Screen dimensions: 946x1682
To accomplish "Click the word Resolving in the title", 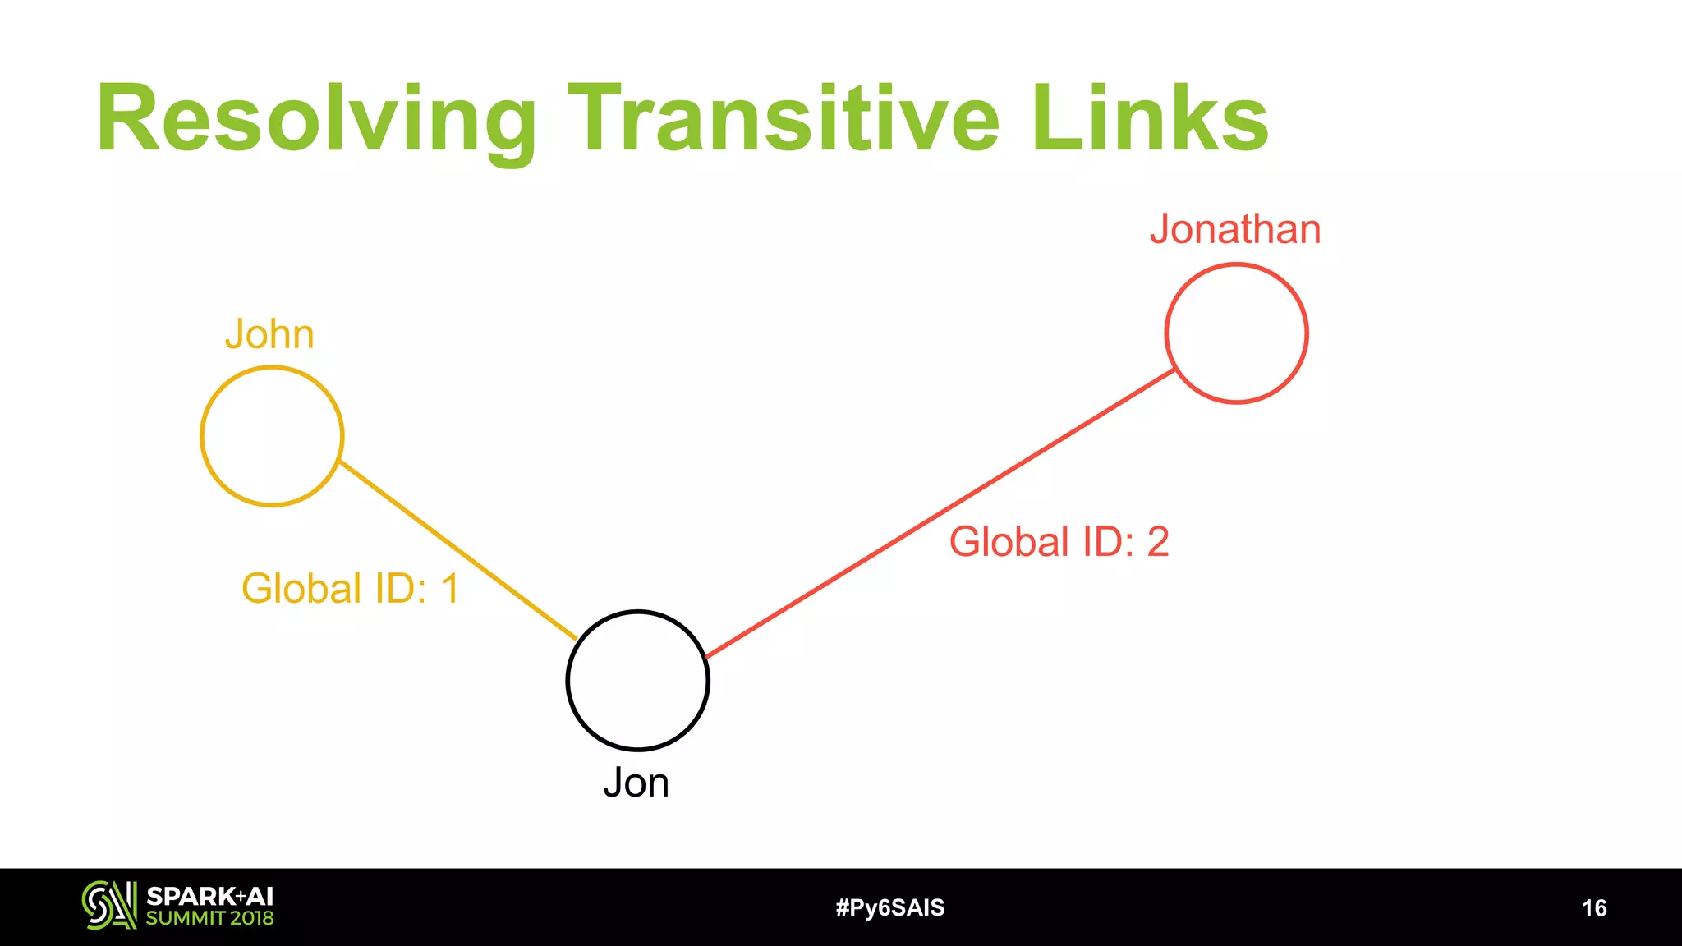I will point(316,120).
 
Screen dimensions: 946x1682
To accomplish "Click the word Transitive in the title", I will point(784,118).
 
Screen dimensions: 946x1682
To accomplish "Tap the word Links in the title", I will point(1150,118).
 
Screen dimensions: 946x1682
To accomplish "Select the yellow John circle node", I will point(272,436).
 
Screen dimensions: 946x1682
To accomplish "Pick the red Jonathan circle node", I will point(1236,333).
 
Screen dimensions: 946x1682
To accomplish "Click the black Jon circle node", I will point(637,680).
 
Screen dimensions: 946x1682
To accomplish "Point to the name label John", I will point(269,335).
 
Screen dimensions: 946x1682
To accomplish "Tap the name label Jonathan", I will point(1235,229).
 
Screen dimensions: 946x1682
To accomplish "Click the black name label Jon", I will point(636,783).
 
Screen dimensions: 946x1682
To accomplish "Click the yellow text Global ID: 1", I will point(350,589).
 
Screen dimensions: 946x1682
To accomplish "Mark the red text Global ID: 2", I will point(1059,542).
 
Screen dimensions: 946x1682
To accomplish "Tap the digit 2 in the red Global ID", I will point(1158,542).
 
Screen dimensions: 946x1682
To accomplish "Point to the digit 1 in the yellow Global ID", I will point(450,589).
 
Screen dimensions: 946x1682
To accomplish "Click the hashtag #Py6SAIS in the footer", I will point(890,907).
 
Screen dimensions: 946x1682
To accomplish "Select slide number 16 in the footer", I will point(1594,907).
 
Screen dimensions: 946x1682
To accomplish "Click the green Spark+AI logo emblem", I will point(108,906).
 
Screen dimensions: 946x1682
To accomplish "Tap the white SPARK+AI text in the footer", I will point(209,896).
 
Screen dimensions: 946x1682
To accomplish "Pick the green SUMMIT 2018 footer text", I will point(209,918).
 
